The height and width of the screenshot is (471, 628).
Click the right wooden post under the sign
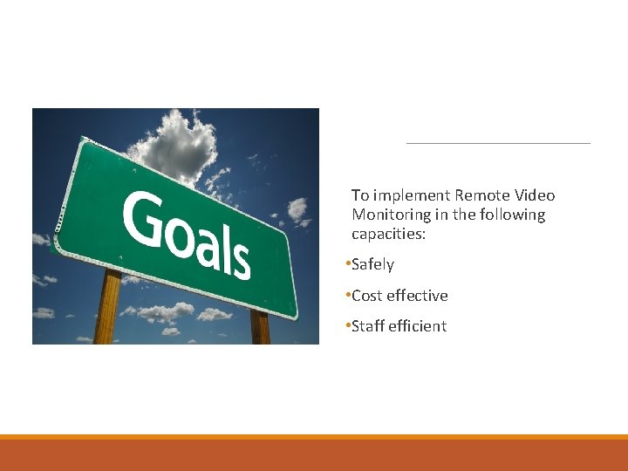260,326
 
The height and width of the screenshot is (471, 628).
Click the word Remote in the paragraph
482,195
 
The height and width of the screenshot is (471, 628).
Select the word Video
534,195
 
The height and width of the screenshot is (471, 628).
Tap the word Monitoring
390,215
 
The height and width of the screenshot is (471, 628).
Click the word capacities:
388,234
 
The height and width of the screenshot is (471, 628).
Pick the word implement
411,196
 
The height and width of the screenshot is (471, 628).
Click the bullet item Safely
372,264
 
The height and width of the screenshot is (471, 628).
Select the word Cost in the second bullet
367,296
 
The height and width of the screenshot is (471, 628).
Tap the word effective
417,296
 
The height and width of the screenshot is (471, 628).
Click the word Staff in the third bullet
368,326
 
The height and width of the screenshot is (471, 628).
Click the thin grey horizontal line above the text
498,142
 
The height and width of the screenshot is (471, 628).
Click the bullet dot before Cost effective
347,295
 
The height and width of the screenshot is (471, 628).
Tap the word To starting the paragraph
360,195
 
